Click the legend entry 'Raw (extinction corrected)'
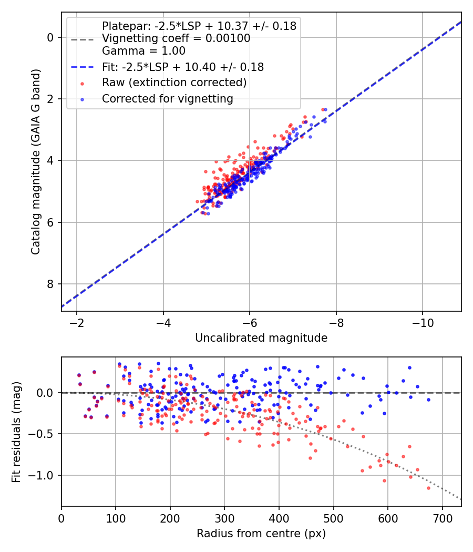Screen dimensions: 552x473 pos(174,83)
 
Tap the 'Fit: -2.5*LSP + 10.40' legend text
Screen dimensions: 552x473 pos(182,67)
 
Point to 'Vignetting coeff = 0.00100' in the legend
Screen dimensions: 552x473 pos(176,38)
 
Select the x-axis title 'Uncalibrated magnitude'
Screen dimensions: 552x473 pos(261,338)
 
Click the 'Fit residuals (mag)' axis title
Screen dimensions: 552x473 pos(16,432)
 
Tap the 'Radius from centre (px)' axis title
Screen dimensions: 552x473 pos(261,534)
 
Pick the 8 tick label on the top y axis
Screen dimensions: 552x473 pos(50,284)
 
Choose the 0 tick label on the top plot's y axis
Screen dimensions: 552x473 pos(50,37)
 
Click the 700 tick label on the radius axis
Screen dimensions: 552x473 pos(442,517)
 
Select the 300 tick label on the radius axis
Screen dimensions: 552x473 pos(224,517)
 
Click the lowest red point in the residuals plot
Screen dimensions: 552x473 pos(428,488)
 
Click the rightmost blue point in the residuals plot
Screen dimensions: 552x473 pos(428,400)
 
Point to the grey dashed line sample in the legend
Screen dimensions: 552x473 pos(83,38)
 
